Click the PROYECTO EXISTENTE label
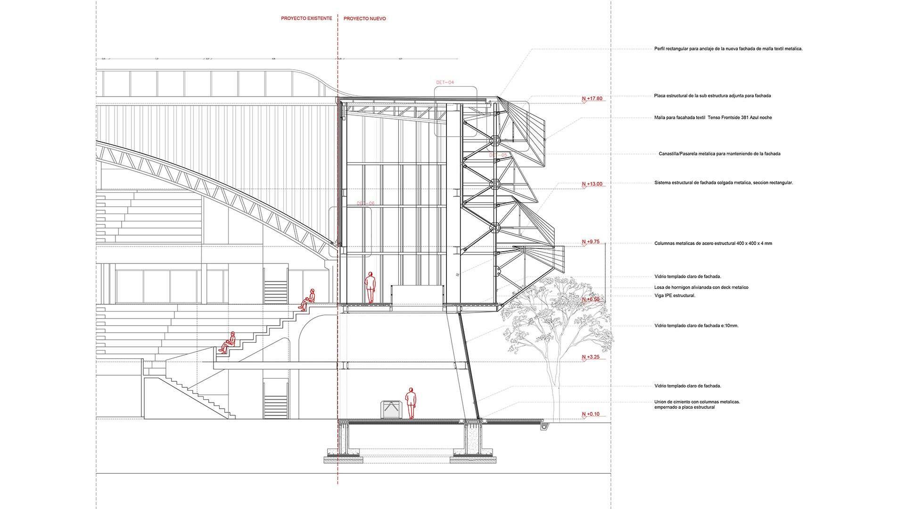[306, 18]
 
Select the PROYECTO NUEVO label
[364, 19]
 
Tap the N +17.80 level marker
[592, 99]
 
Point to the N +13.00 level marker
[592, 184]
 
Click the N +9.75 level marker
[591, 242]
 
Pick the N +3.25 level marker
[591, 357]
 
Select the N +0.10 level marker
[591, 414]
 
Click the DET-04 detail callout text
[445, 82]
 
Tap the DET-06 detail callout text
[365, 204]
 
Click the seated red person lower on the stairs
[228, 343]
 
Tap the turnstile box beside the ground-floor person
[391, 409]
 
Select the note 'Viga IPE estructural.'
[675, 296]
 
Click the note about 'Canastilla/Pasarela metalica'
[719, 154]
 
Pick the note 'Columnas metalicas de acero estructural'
[713, 244]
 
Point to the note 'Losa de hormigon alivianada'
[701, 287]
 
